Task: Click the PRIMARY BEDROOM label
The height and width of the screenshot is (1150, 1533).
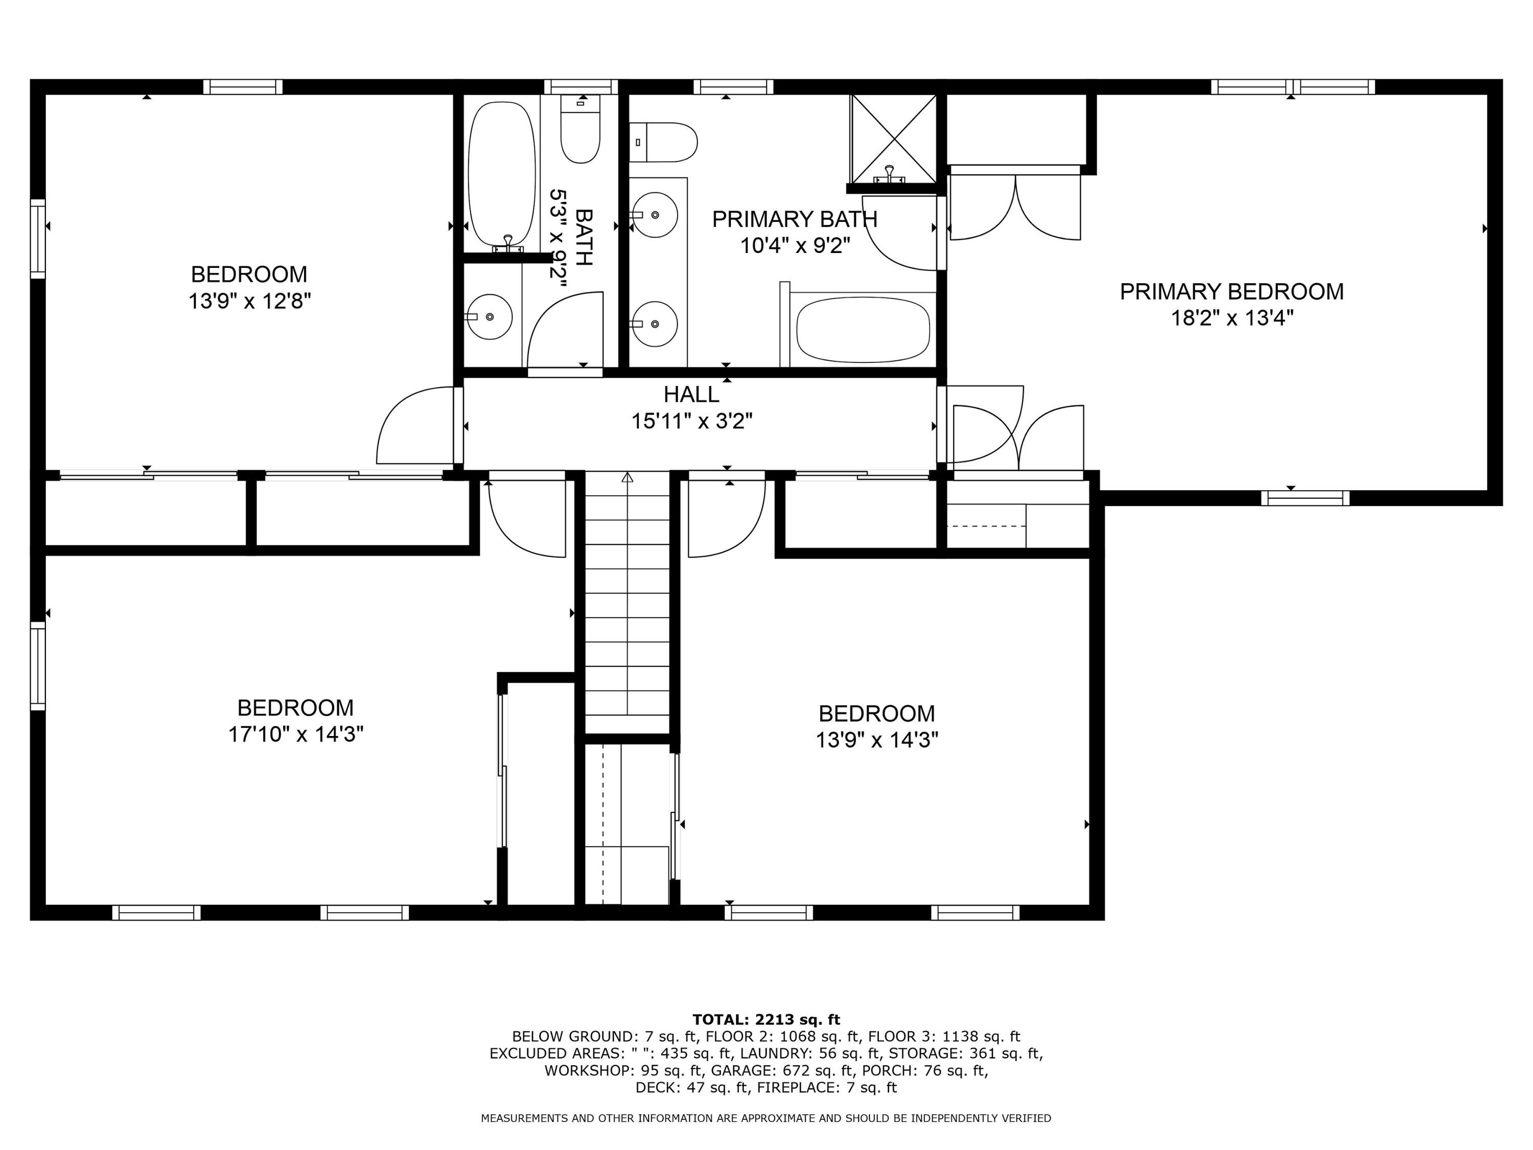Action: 1231,291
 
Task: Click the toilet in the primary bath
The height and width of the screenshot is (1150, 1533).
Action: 664,142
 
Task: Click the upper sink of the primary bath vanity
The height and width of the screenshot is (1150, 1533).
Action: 654,215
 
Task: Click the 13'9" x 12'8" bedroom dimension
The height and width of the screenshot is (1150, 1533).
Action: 249,302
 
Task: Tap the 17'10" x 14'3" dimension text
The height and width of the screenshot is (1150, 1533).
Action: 295,734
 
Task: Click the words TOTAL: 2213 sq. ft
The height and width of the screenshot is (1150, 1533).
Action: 766,1019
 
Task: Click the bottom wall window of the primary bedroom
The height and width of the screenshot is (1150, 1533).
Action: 1304,498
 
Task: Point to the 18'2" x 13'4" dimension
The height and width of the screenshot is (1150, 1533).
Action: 1232,318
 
